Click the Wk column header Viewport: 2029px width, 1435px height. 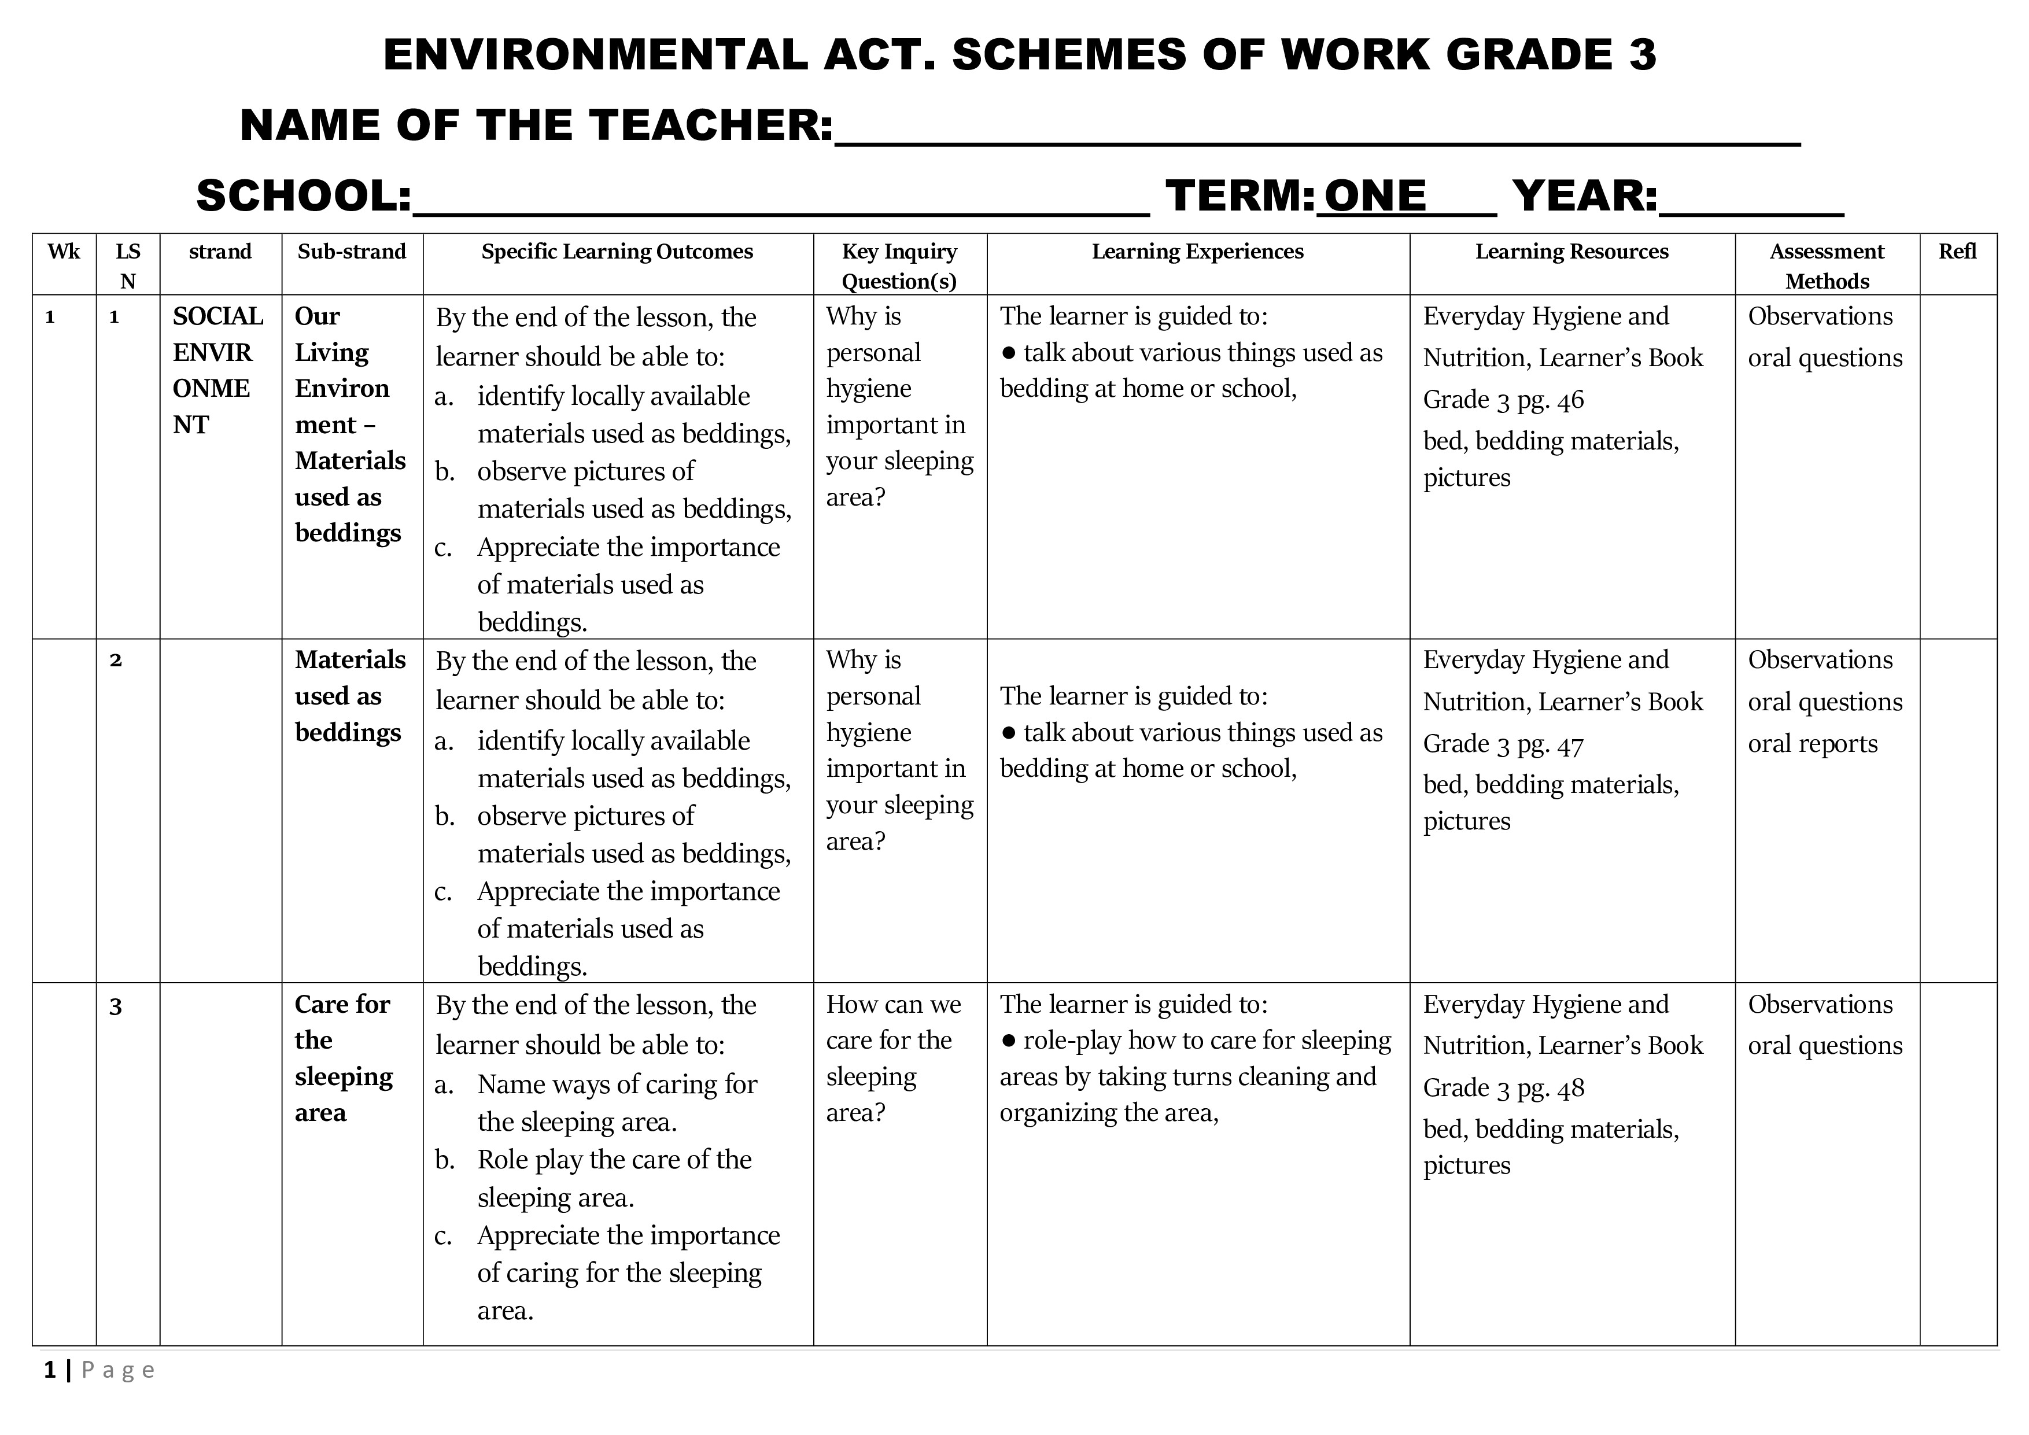pos(64,252)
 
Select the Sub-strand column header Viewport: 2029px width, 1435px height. pos(352,252)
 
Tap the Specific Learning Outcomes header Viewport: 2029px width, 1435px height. pos(617,252)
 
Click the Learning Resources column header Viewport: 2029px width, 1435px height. pos(1571,252)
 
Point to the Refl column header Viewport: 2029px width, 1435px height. pos(1957,252)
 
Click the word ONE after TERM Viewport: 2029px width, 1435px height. pos(1375,195)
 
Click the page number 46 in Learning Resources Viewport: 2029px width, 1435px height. pos(1570,400)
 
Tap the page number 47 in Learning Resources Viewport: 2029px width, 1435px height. pos(1570,745)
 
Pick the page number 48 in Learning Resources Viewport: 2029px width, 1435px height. pos(1570,1089)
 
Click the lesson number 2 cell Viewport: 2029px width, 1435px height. pos(116,660)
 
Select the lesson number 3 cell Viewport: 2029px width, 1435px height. pos(116,1006)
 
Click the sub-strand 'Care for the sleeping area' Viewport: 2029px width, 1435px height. pos(343,1058)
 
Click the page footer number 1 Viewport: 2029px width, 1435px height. pos(50,1370)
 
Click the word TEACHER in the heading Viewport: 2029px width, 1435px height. pos(710,124)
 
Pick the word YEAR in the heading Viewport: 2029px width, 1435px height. pos(1584,195)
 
